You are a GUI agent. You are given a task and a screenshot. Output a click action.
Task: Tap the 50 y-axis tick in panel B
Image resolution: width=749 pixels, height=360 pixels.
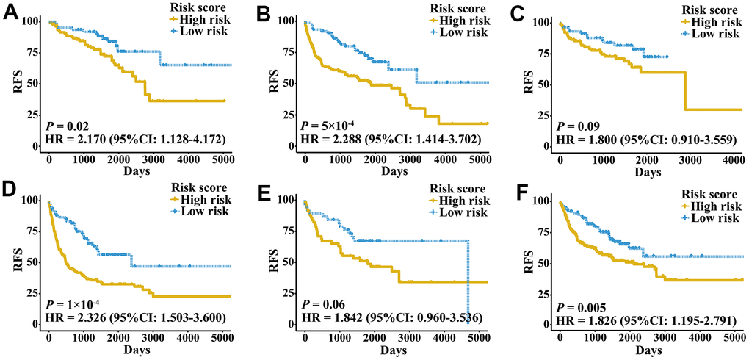coord(285,84)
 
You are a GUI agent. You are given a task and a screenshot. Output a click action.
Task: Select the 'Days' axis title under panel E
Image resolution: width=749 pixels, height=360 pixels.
coord(391,349)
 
